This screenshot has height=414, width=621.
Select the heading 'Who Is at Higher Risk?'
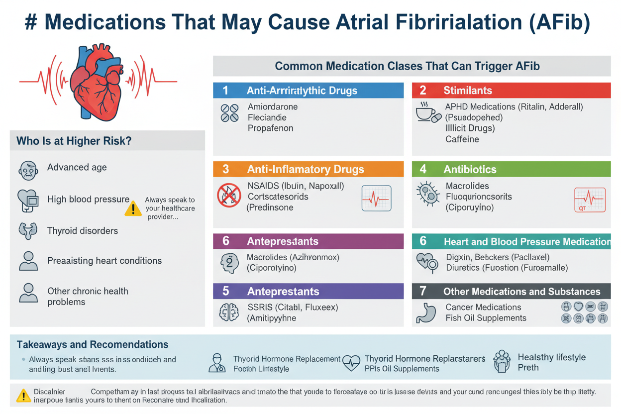coord(74,141)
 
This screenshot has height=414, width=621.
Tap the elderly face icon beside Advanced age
coord(28,171)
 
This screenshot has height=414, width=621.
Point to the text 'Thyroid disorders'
coord(83,231)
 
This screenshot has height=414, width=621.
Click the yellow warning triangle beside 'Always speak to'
coord(133,208)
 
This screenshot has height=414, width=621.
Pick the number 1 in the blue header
coord(225,91)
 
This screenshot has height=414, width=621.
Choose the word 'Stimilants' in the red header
coord(468,91)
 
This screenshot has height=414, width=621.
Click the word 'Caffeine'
coord(462,139)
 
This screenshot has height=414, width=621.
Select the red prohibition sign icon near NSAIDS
coord(229,195)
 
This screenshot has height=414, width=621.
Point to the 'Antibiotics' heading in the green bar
coord(470,170)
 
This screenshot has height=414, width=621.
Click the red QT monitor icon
coord(590,200)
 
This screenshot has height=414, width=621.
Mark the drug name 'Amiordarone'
coord(273,107)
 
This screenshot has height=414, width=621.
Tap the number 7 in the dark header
coord(423,291)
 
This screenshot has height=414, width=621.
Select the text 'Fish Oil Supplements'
coord(486,318)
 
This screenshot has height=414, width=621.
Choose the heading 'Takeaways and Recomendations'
coord(93,344)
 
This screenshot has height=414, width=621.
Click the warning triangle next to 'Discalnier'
coord(23,396)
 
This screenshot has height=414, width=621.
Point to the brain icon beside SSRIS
coord(229,312)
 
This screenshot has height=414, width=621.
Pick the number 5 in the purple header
coord(225,291)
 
